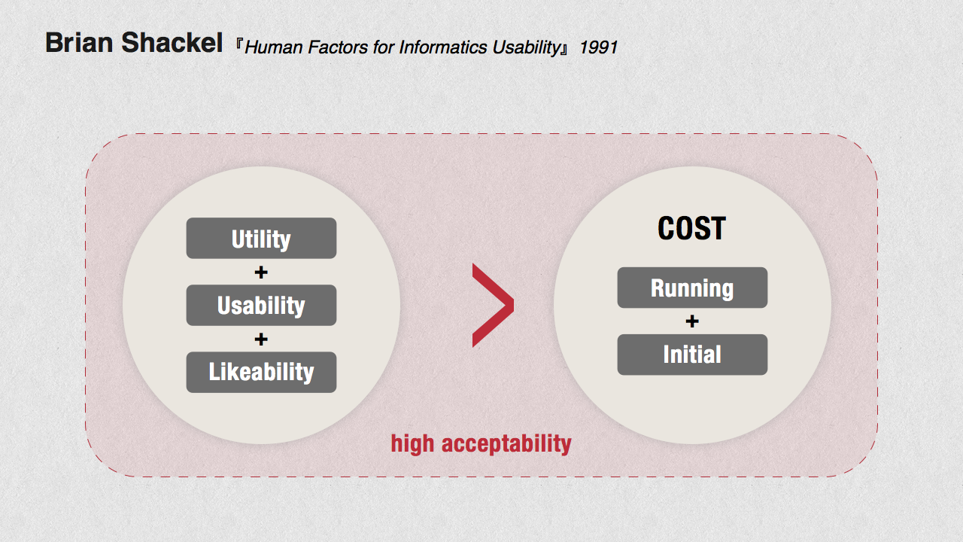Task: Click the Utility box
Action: (261, 238)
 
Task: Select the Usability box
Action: (261, 305)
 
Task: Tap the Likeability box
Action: (261, 372)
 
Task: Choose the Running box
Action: (692, 288)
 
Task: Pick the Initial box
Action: (692, 355)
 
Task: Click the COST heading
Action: (691, 228)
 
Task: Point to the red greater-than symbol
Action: (493, 305)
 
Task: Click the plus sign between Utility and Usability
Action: (261, 272)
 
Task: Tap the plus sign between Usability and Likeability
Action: (261, 339)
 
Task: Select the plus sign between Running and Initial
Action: (692, 321)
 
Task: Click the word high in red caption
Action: (412, 444)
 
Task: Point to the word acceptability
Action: (506, 444)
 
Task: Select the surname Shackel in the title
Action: (172, 43)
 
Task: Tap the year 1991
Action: (598, 47)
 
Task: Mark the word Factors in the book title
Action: (339, 47)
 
